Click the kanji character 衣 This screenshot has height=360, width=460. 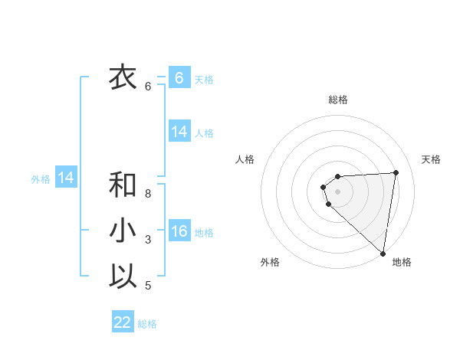pos(123,77)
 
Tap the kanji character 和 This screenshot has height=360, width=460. pos(123,184)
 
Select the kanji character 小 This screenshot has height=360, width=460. pos(123,231)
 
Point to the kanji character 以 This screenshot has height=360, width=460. pos(123,276)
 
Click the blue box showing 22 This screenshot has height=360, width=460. pos(123,322)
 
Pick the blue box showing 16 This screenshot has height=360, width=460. pos(179,232)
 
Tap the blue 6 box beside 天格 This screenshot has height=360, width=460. pos(179,78)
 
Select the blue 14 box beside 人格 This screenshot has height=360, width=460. pos(179,132)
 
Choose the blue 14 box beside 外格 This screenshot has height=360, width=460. pos(66,178)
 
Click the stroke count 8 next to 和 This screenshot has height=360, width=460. pos(148,194)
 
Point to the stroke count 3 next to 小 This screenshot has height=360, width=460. pos(148,241)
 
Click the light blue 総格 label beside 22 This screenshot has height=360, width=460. pos(147,324)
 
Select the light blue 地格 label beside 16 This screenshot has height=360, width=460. pos(205,233)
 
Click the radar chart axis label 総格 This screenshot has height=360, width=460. pos(338,100)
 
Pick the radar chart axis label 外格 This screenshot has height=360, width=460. pos(270,262)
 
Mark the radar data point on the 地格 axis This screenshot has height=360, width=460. pos(383,253)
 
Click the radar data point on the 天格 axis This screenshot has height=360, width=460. pos(396,172)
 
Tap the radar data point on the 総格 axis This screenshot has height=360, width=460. pos(338,177)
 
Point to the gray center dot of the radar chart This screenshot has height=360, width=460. pos(338,191)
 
